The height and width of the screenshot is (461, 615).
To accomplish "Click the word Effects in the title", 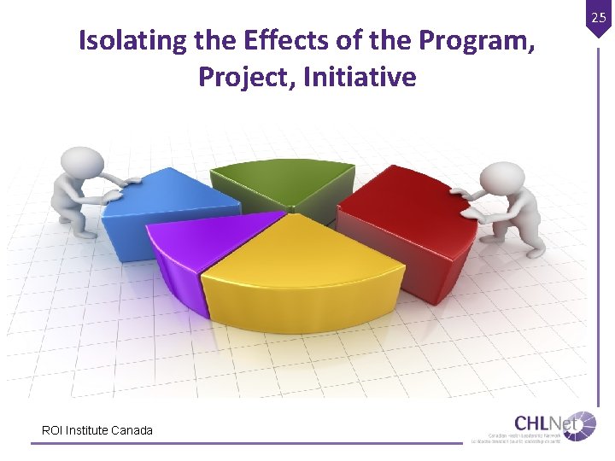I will click(284, 40).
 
